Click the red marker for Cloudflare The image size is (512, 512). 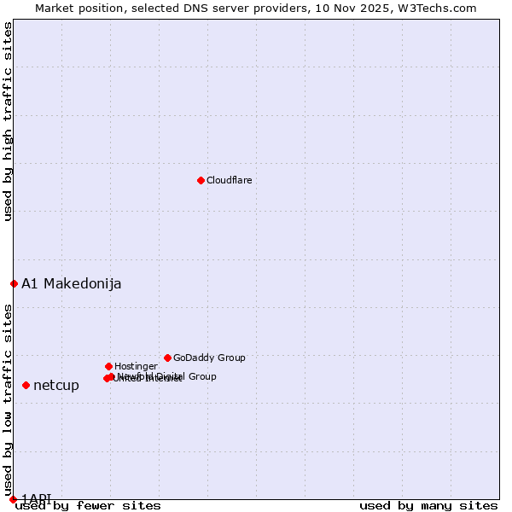coord(201,180)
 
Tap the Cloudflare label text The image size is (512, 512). coord(229,180)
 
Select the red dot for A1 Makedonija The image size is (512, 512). coord(14,283)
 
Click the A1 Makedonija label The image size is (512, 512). coord(71,283)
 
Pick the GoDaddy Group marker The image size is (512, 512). coord(167,358)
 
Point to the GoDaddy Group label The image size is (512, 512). coord(209,358)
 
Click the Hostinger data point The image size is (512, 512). coord(108,366)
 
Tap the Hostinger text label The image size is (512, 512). coord(136,366)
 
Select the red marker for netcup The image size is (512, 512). coord(26,385)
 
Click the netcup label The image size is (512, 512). coord(56,385)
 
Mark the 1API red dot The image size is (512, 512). coord(13,499)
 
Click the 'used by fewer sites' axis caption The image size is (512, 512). coord(88,505)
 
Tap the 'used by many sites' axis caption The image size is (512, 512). coord(428,505)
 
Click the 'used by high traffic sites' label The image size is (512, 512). coord(9,121)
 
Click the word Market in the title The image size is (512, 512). coord(55,9)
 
